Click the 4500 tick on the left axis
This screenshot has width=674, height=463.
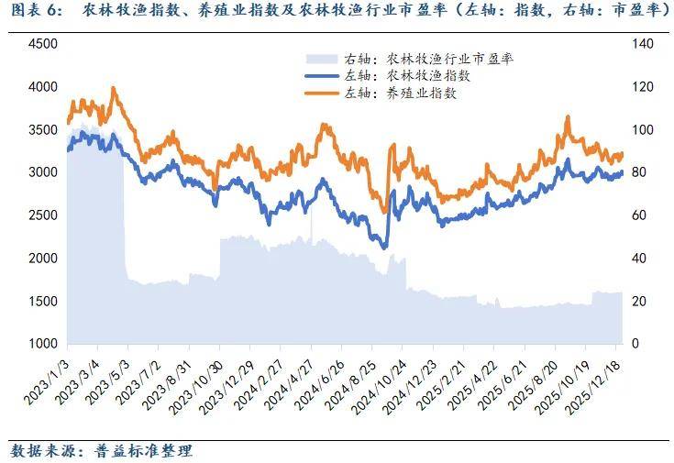pos(43,44)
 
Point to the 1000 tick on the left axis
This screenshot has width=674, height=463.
pos(43,344)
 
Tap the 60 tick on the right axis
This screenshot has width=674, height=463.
pos(641,215)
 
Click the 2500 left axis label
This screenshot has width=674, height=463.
pos(43,215)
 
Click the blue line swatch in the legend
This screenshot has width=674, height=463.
pos(322,76)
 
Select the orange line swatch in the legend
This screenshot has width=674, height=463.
pos(322,94)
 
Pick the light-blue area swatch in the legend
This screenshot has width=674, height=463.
pos(322,59)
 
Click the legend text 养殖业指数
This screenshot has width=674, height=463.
pos(421,94)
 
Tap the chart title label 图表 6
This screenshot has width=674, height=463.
pos(37,11)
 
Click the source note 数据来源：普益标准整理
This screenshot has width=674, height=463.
pos(102,451)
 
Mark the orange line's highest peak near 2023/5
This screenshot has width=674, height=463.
pos(113,88)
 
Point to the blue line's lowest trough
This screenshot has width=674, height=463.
pos(383,247)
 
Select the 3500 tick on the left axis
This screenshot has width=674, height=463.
pos(43,129)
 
